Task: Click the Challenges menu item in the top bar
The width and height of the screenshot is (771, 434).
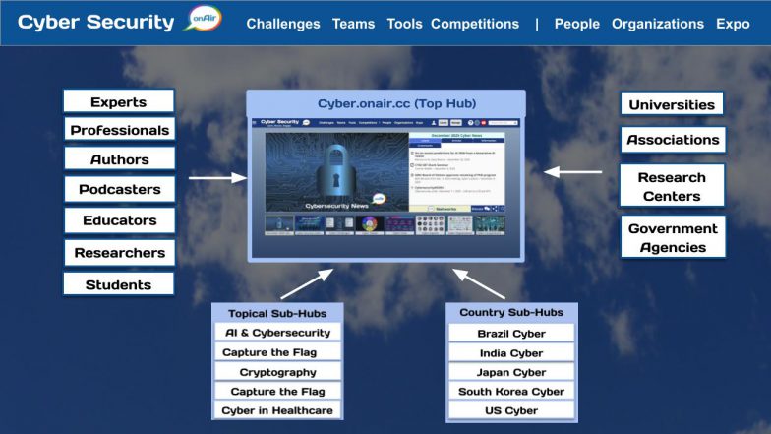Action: (x=283, y=24)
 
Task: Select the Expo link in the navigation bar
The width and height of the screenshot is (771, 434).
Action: (x=733, y=24)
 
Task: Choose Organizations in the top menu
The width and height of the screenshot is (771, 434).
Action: (x=658, y=24)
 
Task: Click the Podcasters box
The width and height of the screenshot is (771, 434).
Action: (x=119, y=190)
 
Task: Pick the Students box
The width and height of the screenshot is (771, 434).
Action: (x=118, y=284)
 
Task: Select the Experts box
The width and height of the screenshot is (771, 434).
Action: (x=118, y=101)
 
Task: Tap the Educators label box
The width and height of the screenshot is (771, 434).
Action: (x=119, y=220)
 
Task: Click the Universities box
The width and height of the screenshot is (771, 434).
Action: (x=673, y=104)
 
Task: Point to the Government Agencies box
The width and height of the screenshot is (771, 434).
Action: (x=673, y=237)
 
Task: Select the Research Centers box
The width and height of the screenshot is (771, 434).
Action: (x=673, y=186)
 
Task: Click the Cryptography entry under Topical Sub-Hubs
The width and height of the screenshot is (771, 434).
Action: (x=277, y=372)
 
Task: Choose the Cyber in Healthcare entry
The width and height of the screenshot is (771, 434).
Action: (x=277, y=410)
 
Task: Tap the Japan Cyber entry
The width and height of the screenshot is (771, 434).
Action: (x=510, y=372)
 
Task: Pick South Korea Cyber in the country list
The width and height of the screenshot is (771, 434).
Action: (x=510, y=391)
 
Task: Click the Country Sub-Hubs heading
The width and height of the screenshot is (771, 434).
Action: (x=510, y=312)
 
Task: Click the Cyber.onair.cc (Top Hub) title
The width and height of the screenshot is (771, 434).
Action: (x=385, y=103)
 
